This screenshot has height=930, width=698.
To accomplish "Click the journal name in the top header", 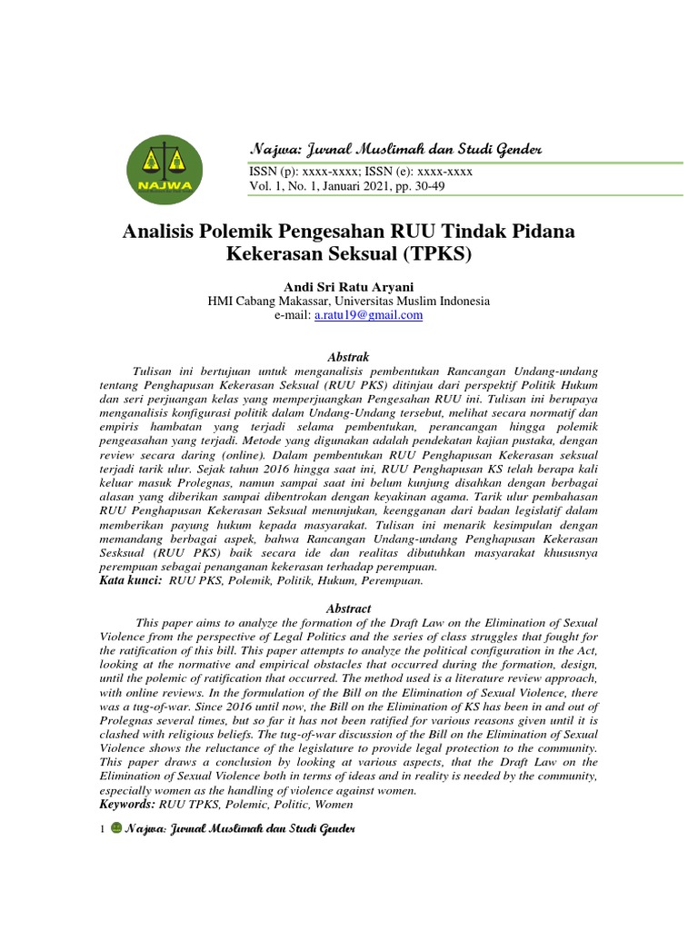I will coord(395,148).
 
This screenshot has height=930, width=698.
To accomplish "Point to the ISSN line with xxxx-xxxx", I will coord(360,172).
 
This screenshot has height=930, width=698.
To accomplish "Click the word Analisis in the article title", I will coord(159,232).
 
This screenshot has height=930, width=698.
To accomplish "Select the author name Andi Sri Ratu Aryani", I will coord(349,286).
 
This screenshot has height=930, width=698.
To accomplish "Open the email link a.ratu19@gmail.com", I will coord(368,315).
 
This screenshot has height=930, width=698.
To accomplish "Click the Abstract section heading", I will coord(349,608).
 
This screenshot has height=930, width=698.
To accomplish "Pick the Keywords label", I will coord(128,804).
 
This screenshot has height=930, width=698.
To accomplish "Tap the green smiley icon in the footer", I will coord(115,828).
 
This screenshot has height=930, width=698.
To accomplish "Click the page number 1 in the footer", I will coord(103,829).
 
